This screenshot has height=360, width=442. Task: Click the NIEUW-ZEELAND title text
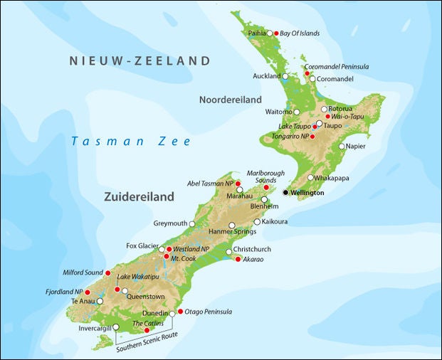[140, 61]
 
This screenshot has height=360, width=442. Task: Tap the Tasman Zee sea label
[131, 142]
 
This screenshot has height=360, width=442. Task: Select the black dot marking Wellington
[286, 193]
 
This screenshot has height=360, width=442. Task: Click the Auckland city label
[267, 76]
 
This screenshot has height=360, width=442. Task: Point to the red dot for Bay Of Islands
[276, 33]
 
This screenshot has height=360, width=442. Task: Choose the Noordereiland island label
[230, 100]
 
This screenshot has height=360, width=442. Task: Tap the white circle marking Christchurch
[228, 252]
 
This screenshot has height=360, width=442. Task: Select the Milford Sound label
[83, 273]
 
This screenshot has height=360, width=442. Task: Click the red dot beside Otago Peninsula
[179, 312]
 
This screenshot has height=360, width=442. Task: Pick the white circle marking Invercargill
[116, 327]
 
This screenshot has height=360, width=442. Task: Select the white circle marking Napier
[342, 147]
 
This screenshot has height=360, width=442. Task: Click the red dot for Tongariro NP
[312, 136]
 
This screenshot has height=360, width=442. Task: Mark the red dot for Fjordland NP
[88, 292]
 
